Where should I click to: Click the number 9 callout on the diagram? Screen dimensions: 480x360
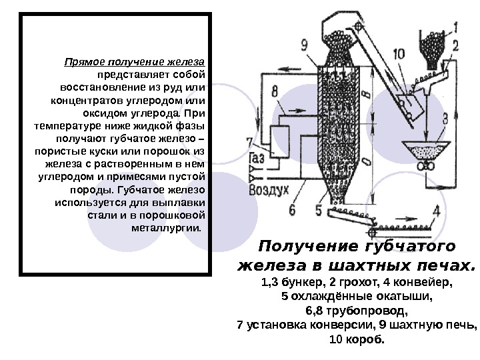click(x=304, y=45)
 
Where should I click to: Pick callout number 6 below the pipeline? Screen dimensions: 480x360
click(x=291, y=209)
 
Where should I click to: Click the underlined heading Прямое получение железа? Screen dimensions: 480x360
click(x=134, y=62)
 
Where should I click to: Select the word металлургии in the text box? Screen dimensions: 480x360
click(x=165, y=227)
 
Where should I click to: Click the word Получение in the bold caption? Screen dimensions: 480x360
click(x=300, y=247)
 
